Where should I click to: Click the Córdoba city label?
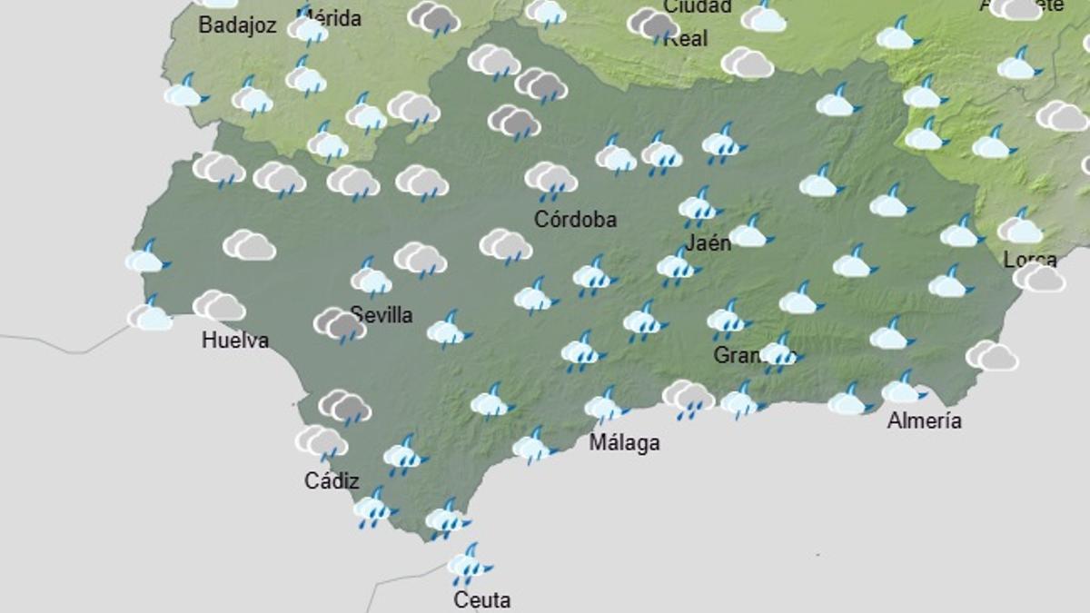(x=575, y=220)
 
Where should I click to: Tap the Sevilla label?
(x=381, y=315)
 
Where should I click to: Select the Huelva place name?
(x=235, y=341)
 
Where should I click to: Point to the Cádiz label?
(x=332, y=481)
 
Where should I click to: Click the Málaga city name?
(x=624, y=443)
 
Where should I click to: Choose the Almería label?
(x=924, y=420)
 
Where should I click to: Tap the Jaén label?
(x=708, y=243)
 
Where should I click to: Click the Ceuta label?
(x=482, y=600)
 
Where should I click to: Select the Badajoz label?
(x=237, y=25)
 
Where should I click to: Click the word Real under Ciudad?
(x=685, y=38)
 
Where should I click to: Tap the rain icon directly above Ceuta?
(x=468, y=565)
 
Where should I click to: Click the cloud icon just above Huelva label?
(x=219, y=306)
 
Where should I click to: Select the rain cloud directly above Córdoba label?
(x=550, y=178)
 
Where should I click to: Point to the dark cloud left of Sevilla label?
(x=340, y=324)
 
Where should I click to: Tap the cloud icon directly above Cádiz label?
(x=321, y=441)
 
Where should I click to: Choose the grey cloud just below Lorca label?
(x=1039, y=278)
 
